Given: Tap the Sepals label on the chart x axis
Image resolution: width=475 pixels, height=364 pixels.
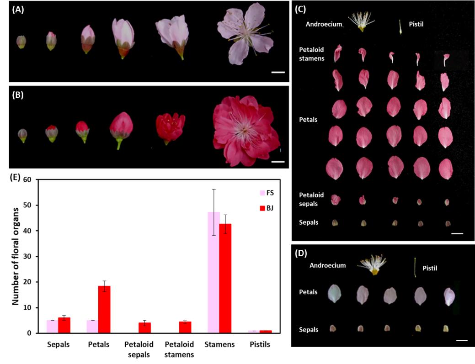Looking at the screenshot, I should coord(58,344).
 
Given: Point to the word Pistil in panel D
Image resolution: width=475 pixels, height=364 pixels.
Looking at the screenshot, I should coord(430,268).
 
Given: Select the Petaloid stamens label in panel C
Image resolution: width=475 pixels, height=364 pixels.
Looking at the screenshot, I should coord(312,53).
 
